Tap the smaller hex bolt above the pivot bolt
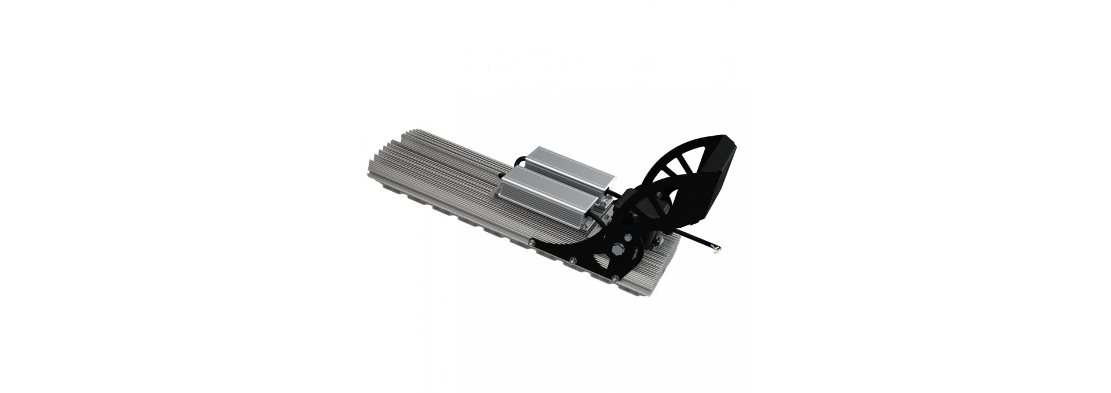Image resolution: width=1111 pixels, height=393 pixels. click(x=631, y=218)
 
